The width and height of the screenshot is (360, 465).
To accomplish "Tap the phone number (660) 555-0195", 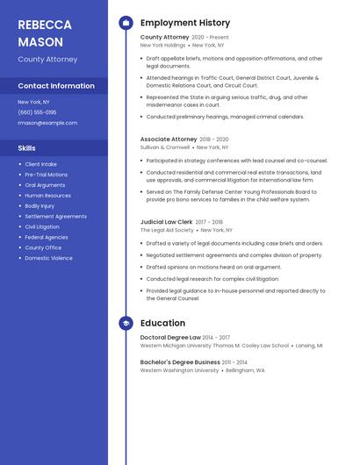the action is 37,112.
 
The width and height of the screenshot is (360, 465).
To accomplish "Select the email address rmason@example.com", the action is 47,123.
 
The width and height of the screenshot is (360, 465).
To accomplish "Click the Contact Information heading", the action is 56,86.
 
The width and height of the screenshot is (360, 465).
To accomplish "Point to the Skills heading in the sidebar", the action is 26,148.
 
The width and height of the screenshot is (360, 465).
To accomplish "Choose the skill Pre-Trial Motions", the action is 46,175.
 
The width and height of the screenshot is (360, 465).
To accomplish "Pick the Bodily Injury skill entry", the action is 40,206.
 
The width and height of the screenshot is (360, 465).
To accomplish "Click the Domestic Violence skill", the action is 48,258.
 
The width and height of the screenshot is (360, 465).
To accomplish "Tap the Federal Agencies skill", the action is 47,237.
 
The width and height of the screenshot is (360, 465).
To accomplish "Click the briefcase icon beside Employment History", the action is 126,23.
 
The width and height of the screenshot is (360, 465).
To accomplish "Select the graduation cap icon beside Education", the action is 126,323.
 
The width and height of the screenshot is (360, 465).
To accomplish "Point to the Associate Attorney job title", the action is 169,139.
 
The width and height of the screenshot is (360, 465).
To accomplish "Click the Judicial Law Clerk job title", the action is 167,223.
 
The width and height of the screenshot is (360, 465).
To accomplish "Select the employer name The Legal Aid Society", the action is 167,231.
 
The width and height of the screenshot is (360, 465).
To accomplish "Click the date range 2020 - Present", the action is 210,38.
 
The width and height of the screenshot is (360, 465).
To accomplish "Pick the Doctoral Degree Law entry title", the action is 170,338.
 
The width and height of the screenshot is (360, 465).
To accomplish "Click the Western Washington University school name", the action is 180,370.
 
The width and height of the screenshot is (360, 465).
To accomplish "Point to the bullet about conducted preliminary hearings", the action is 225,117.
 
